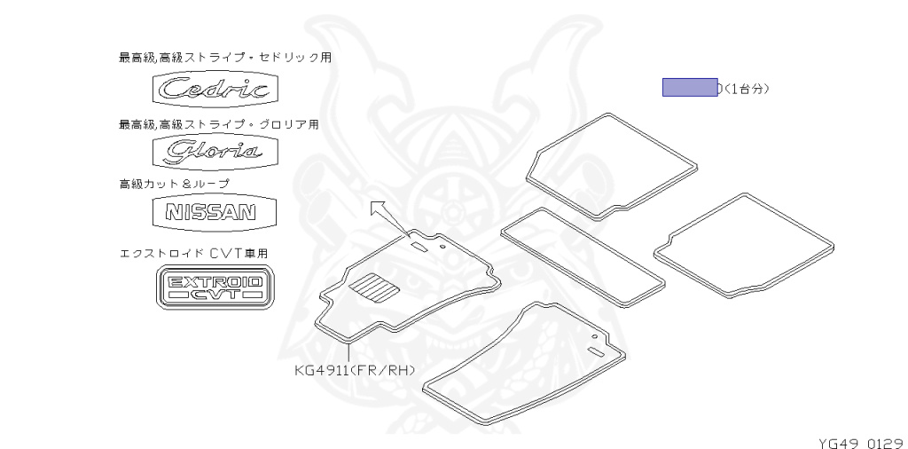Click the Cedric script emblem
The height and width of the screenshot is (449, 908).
215,89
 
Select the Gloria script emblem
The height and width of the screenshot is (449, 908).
215,150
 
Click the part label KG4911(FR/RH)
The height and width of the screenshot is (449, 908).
356,369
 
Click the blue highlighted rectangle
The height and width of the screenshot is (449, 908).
690,87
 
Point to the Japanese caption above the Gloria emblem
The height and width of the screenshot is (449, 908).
219,124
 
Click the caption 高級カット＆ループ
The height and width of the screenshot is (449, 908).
174,183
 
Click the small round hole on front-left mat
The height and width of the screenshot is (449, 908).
591,338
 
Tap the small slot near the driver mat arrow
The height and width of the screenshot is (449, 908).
418,246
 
